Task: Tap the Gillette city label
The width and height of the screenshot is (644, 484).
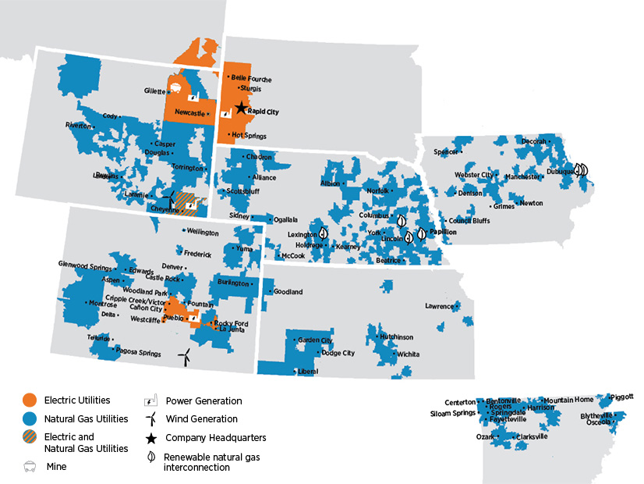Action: [x=154, y=91]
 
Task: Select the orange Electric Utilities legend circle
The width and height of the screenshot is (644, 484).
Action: [x=29, y=400]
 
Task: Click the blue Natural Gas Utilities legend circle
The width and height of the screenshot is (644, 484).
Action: [x=29, y=419]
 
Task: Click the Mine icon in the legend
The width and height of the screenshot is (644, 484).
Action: [x=29, y=467]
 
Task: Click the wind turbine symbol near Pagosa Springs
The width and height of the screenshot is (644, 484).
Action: [x=184, y=357]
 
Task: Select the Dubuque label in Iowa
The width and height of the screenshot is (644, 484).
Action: [x=560, y=171]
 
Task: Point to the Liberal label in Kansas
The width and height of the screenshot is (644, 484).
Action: [x=308, y=372]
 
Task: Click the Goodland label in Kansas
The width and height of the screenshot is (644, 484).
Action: [x=288, y=292]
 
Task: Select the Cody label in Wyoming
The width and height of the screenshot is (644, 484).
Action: [x=109, y=116]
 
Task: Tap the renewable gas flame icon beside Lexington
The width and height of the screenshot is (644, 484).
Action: [x=323, y=233]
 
